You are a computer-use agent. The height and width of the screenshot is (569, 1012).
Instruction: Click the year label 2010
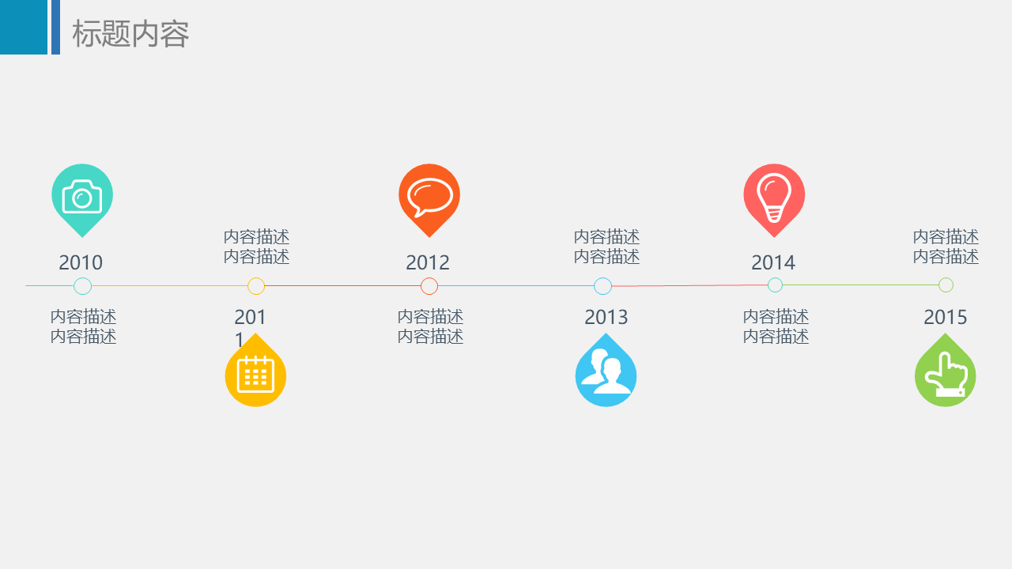(x=81, y=262)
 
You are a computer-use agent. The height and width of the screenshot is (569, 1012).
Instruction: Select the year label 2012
(x=428, y=262)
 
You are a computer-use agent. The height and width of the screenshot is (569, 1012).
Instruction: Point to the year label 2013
(x=606, y=317)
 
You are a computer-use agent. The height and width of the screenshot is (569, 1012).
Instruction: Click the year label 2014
(x=773, y=262)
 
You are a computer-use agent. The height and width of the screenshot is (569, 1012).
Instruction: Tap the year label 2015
(x=945, y=317)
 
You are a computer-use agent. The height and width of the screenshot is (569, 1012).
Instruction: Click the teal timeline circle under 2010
(x=83, y=286)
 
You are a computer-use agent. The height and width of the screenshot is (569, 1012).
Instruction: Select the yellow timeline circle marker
(x=256, y=286)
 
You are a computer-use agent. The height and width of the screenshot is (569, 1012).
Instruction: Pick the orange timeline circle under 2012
(x=429, y=286)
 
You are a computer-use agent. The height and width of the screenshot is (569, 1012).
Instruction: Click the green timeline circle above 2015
(x=946, y=285)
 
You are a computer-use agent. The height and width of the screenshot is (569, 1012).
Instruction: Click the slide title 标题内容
(x=130, y=33)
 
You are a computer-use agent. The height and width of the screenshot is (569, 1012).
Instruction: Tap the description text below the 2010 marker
(x=83, y=326)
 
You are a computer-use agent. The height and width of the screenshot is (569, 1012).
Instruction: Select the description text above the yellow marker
(x=257, y=247)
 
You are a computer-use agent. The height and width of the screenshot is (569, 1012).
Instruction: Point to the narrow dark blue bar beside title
(x=55, y=27)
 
